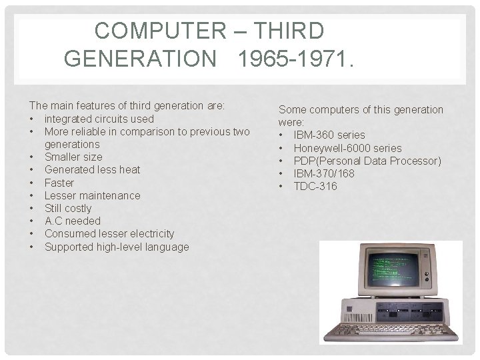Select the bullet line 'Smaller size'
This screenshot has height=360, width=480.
pyautogui.click(x=73, y=157)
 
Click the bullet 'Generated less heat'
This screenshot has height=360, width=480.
pyautogui.click(x=92, y=169)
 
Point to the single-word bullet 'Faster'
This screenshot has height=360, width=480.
pyautogui.click(x=59, y=183)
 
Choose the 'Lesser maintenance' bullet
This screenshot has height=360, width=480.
pyautogui.click(x=92, y=195)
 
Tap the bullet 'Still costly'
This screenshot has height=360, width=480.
pyautogui.click(x=68, y=208)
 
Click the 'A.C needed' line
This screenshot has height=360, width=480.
pyautogui.click(x=72, y=221)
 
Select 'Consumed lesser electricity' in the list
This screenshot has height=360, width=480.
pyautogui.click(x=109, y=233)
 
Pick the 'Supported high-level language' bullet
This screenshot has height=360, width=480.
pyautogui.click(x=116, y=247)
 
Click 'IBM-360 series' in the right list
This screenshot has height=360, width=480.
pyautogui.click(x=329, y=135)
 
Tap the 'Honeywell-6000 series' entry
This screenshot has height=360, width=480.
pyautogui.click(x=347, y=148)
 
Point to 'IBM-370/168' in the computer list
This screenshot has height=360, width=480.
pyautogui.click(x=324, y=173)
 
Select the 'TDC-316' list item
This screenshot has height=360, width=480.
pyautogui.click(x=315, y=186)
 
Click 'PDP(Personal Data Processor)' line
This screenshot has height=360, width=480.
pyautogui.click(x=367, y=161)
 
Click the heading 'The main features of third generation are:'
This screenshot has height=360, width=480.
pyautogui.click(x=127, y=105)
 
